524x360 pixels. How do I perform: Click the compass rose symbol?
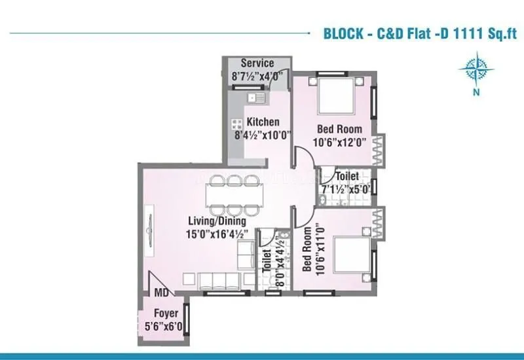point(476,69)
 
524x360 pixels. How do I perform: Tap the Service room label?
point(257,63)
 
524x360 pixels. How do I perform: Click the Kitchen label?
point(263,122)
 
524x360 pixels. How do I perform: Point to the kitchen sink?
point(255,98)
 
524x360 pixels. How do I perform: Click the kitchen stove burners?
point(236,124)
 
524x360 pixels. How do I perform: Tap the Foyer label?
point(165,314)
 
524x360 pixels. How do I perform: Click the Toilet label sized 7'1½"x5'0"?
point(346,177)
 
